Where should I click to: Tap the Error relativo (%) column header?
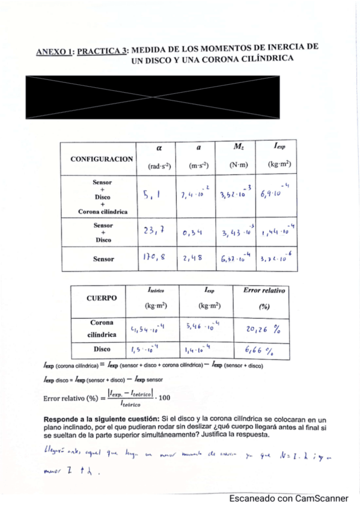(263, 298)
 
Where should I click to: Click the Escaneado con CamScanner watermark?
(288, 499)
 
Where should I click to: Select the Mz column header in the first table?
(237, 146)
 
